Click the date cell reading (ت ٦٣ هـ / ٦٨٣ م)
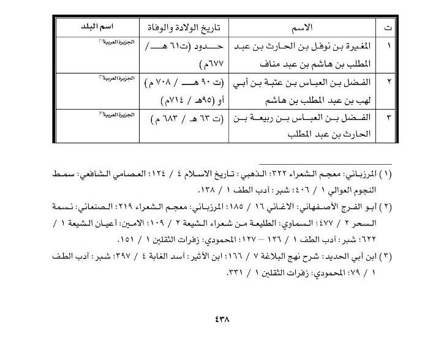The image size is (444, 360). [x=183, y=117]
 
